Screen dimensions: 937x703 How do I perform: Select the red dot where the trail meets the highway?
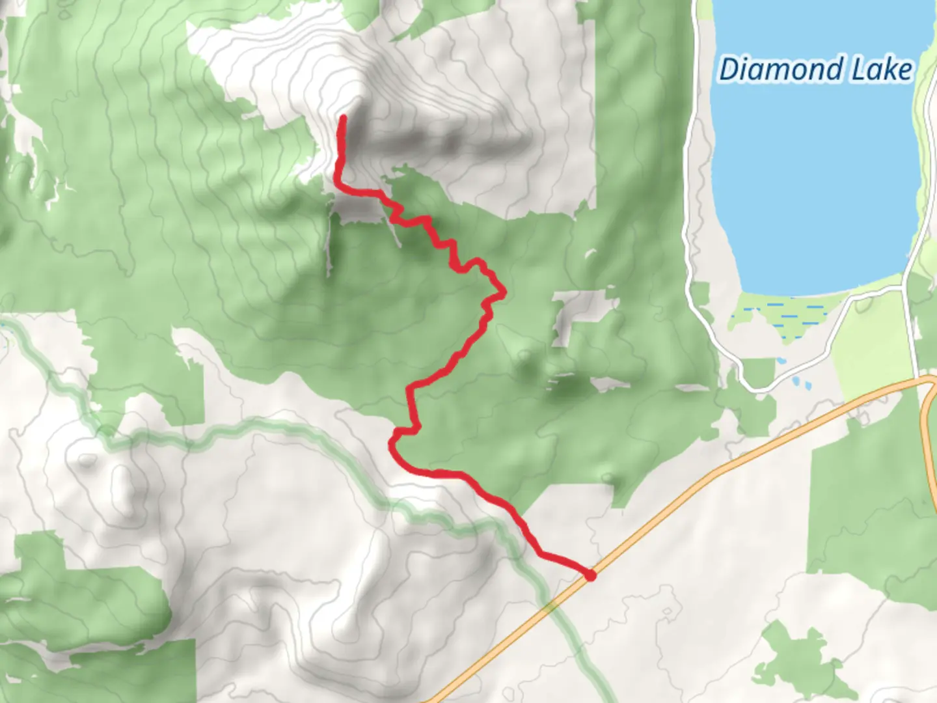tap(590, 575)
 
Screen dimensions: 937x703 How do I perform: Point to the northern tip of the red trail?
tap(343, 118)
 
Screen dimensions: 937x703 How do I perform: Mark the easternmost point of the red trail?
tap(504, 294)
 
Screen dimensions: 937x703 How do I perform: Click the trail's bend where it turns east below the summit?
tap(339, 185)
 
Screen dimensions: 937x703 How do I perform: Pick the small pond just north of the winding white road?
tap(781, 360)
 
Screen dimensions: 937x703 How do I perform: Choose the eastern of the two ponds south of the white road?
tap(807, 385)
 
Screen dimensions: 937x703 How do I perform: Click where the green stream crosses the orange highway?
tap(552, 608)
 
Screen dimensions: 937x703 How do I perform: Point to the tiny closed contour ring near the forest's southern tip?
tap(608, 479)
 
